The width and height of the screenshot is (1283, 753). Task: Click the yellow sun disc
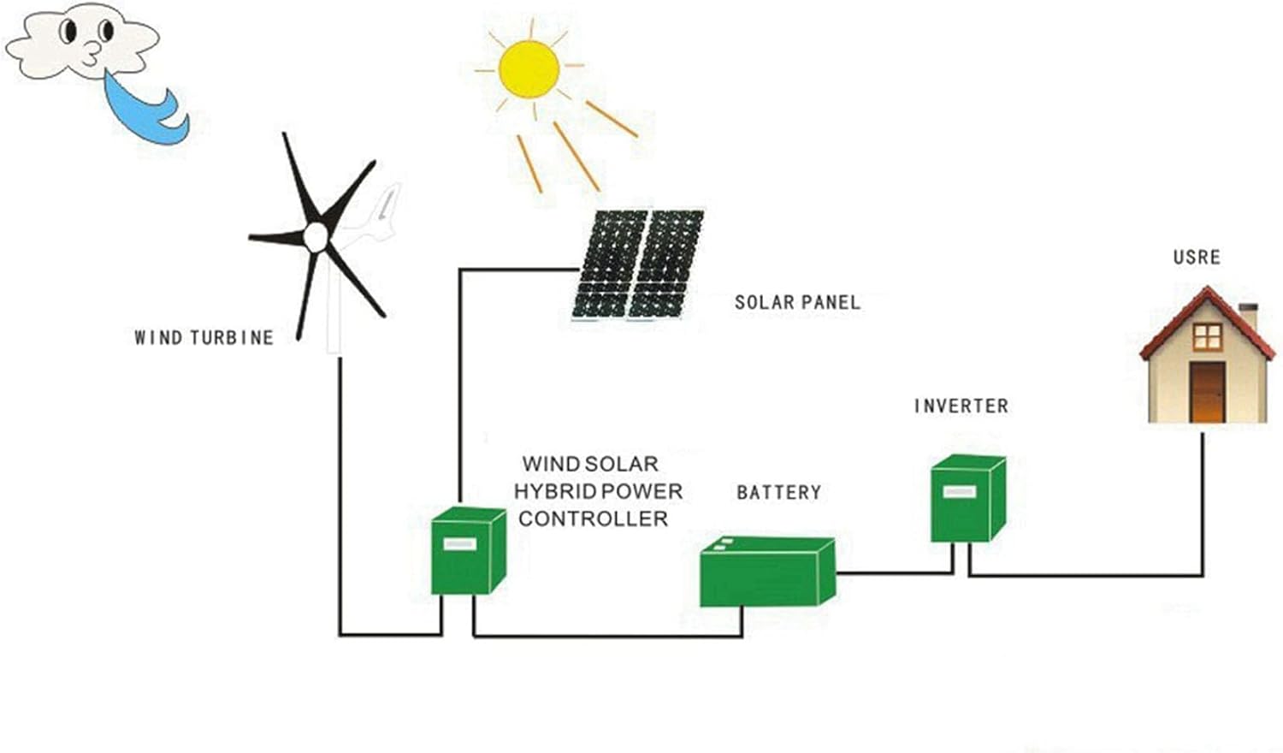(529, 68)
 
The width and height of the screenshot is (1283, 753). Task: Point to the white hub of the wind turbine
(316, 236)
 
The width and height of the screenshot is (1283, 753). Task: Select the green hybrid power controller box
(467, 551)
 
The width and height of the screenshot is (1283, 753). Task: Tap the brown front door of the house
(1207, 391)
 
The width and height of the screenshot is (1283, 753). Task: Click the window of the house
(1207, 336)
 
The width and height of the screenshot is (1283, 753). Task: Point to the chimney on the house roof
(1248, 316)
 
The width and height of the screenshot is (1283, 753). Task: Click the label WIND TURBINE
(204, 338)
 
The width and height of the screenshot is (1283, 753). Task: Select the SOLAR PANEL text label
(797, 302)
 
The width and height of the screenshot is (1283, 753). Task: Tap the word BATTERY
(778, 492)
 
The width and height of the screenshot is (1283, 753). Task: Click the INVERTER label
(961, 406)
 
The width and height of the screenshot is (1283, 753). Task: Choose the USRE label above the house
(1197, 257)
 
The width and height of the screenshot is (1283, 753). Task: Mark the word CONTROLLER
(593, 519)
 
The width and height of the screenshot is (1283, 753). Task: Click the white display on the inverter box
(959, 492)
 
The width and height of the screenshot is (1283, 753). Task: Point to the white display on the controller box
(459, 544)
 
